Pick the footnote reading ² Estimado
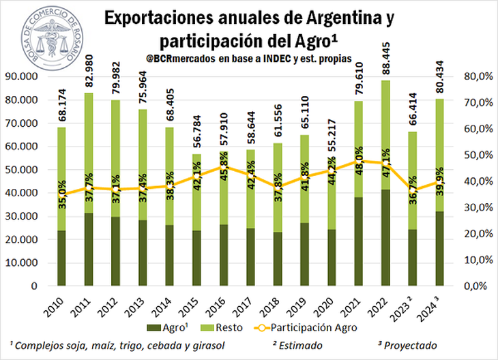(x=299, y=345)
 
